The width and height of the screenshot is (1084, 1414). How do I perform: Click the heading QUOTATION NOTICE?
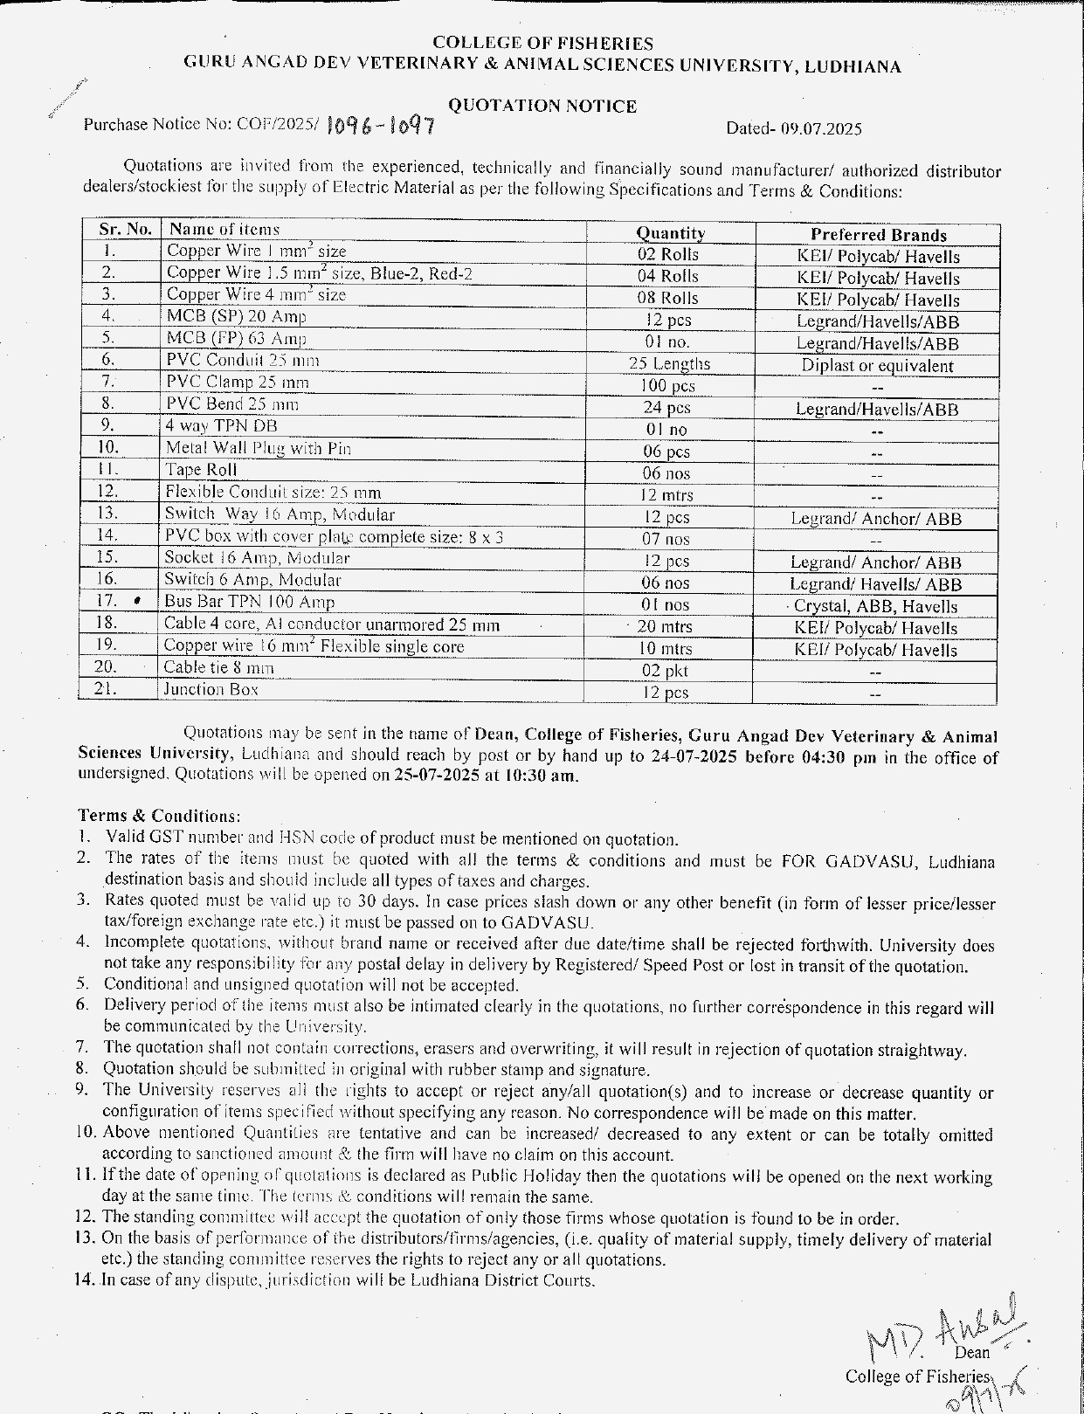pos(542,107)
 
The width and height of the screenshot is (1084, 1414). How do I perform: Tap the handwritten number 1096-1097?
pos(381,128)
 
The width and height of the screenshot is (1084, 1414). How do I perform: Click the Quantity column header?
pos(670,233)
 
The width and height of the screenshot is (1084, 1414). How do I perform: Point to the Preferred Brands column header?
pos(878,235)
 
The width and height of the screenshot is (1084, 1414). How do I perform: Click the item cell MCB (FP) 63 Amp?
pos(237,338)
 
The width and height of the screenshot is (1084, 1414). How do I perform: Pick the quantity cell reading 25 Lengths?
pos(669,364)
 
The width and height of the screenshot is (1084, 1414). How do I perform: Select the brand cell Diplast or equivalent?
pos(877,366)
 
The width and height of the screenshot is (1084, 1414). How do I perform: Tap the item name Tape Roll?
pos(201,470)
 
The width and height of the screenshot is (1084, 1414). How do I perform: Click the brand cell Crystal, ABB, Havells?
pos(875,606)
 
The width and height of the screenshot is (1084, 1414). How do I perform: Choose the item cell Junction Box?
pos(211,689)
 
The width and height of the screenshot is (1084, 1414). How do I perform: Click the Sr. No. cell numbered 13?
pos(107,514)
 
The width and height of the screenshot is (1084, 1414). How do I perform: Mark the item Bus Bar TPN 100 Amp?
pos(249,602)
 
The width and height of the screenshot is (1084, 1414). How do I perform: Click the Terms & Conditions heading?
pos(158,816)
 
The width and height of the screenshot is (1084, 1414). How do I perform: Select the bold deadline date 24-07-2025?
pos(694,756)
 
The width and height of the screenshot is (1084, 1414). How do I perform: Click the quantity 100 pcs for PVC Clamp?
pos(667,386)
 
